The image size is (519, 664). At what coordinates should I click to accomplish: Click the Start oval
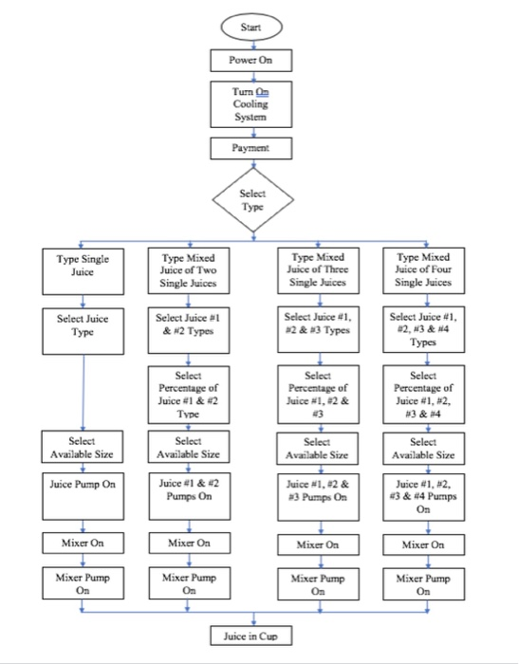251,27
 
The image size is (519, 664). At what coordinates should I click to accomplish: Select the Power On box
251,60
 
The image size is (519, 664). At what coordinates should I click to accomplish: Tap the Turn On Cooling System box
251,104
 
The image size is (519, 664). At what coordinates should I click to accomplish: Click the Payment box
251,148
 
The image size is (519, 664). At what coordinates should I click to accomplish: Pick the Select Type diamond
253,200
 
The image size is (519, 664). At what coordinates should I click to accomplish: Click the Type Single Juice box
83,271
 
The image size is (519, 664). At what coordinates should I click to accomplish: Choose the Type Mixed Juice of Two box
189,270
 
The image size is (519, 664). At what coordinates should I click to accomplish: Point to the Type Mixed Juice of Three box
318,270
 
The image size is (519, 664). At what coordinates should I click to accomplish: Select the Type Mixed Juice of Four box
424,270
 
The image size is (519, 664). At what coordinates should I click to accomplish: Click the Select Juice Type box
83,331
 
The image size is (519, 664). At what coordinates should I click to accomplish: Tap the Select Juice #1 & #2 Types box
189,330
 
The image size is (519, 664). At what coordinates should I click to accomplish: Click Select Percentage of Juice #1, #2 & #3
318,395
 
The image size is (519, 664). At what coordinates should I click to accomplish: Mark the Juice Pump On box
83,496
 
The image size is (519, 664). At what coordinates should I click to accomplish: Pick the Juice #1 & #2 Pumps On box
190,496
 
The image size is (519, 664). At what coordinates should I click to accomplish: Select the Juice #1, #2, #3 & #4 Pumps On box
424,497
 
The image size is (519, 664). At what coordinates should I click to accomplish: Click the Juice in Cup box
251,636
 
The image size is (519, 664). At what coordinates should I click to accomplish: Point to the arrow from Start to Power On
253,45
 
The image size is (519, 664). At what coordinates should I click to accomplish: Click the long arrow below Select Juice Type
83,393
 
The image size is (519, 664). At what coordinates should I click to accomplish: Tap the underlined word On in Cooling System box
262,92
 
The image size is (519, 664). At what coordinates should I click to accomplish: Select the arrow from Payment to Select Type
253,164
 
